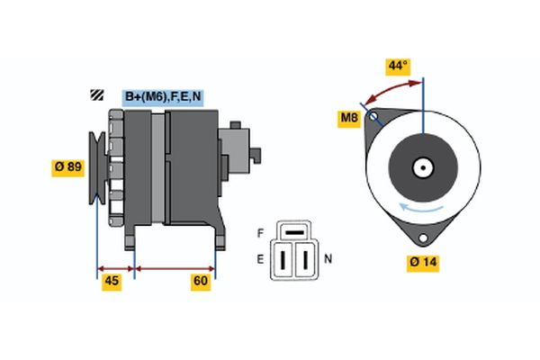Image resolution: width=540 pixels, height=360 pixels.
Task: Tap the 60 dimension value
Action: (x=201, y=282)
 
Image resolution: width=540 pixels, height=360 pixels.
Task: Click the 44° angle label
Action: (x=397, y=66)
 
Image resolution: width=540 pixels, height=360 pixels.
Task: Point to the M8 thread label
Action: (x=348, y=117)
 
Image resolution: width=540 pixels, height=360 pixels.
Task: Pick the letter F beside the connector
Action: (x=260, y=232)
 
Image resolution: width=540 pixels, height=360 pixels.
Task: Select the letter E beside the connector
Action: (x=260, y=259)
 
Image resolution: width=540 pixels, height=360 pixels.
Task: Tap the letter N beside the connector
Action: (x=328, y=259)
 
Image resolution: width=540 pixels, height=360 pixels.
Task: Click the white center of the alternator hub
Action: (x=421, y=166)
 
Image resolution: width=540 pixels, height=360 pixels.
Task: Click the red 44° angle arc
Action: (x=387, y=89)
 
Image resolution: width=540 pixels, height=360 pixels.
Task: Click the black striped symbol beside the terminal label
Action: (x=95, y=96)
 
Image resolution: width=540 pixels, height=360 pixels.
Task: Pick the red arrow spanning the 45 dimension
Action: (x=114, y=268)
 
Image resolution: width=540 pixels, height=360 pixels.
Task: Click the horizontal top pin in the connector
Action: (x=294, y=233)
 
